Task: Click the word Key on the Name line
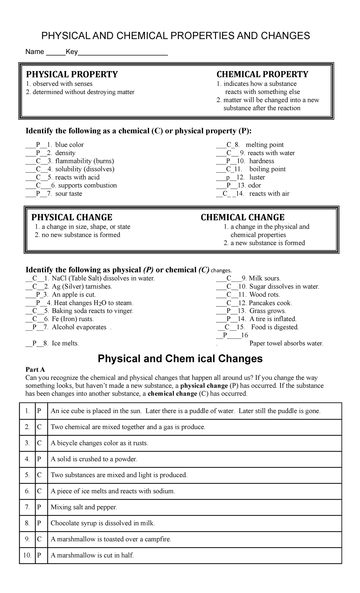72,52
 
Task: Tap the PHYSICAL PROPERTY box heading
72,74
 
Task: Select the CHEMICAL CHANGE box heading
242,217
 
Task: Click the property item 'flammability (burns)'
84,161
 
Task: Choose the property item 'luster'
257,177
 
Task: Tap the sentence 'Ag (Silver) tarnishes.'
82,286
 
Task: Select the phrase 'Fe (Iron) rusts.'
73,319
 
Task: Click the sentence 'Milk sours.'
265,278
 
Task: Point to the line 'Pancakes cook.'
270,303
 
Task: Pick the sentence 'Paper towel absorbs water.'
286,343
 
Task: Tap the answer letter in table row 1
39,411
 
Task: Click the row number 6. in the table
27,491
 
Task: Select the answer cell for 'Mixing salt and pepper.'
39,507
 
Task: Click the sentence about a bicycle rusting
100,443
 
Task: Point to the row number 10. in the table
27,555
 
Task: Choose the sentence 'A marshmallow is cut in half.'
92,555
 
